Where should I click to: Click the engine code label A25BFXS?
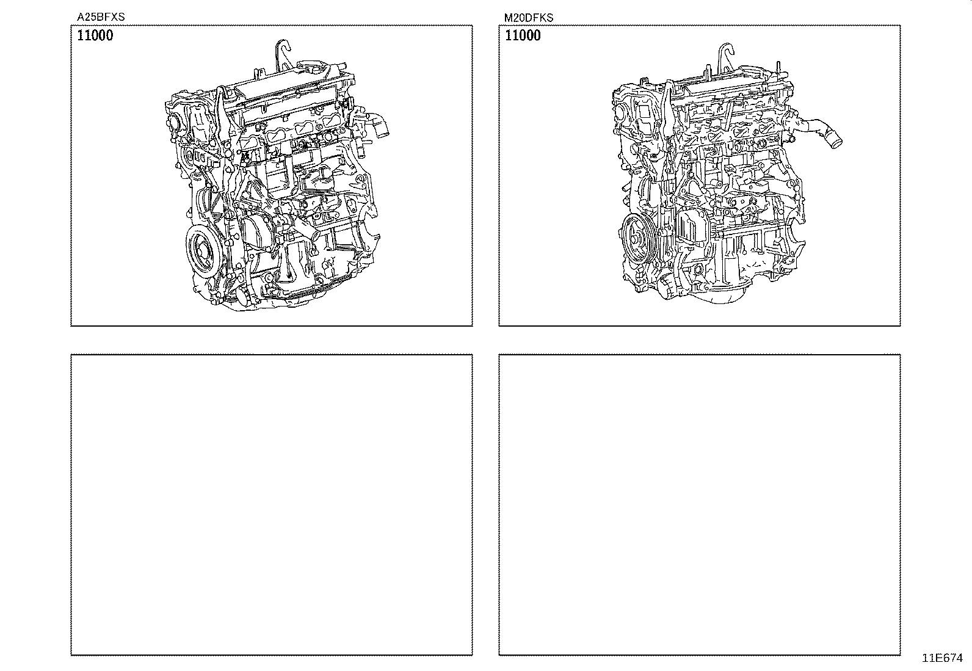(x=101, y=18)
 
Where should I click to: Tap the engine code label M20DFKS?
(x=529, y=18)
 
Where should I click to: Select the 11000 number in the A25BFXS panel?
(x=95, y=35)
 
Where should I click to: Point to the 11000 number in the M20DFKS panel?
(x=523, y=35)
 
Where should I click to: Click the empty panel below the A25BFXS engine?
(x=272, y=504)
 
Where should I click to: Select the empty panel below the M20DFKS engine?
(x=700, y=504)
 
